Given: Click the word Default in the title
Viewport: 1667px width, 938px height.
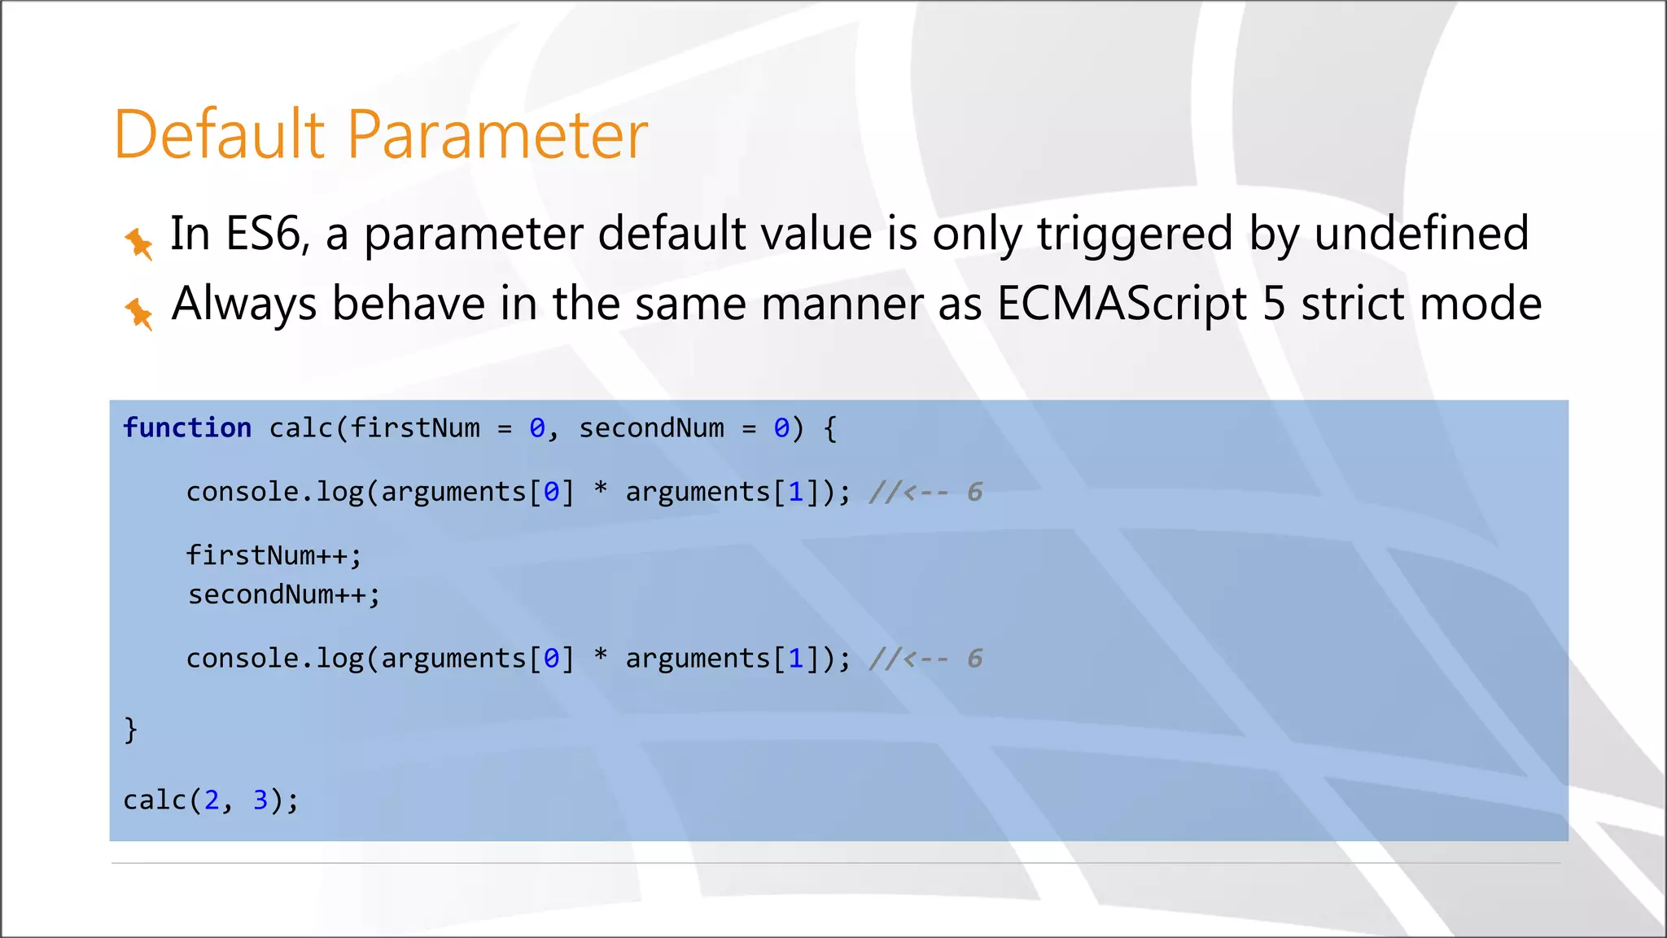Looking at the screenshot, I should click(x=220, y=134).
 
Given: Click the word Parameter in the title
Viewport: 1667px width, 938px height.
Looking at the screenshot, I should click(x=497, y=134).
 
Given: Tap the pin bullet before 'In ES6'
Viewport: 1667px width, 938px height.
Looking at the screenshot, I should click(x=138, y=243).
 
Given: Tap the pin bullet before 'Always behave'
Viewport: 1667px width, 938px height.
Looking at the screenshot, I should click(x=138, y=313).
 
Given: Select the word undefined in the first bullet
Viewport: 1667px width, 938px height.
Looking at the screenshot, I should click(x=1421, y=234).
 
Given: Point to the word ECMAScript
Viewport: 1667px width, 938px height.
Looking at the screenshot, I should click(x=1122, y=305).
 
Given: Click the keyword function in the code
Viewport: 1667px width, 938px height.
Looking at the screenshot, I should click(x=187, y=428).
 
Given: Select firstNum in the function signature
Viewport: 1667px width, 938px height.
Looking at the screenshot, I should click(x=415, y=428).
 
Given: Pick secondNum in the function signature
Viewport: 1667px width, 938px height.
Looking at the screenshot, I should click(x=651, y=428).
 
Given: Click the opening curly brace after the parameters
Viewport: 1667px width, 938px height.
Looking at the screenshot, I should click(x=830, y=429).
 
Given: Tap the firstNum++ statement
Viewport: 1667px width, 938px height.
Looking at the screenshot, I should click(x=273, y=555).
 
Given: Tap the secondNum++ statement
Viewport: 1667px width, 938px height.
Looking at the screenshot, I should click(x=283, y=595).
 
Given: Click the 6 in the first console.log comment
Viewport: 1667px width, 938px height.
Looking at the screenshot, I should click(x=974, y=493).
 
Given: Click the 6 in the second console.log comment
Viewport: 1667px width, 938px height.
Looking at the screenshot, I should click(x=974, y=659).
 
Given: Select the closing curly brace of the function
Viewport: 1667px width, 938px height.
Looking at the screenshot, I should click(x=131, y=730).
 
